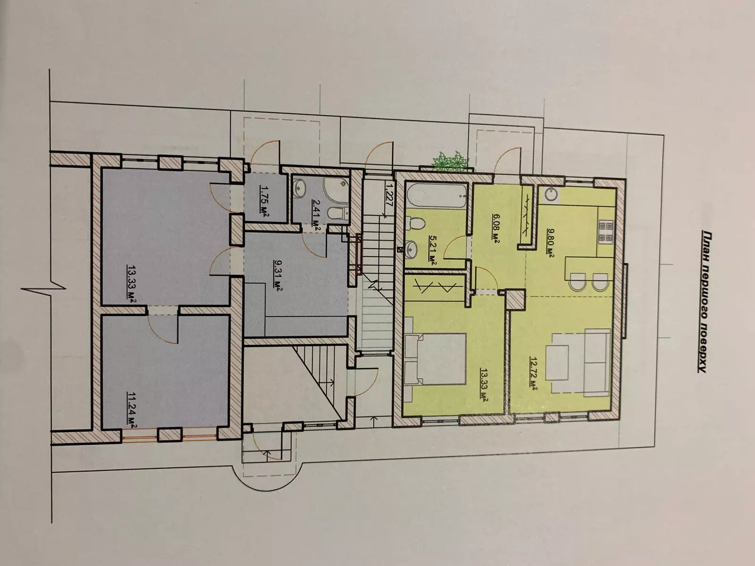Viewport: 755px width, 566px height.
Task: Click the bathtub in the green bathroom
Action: (436, 196)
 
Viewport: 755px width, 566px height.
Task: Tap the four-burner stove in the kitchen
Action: (606, 233)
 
